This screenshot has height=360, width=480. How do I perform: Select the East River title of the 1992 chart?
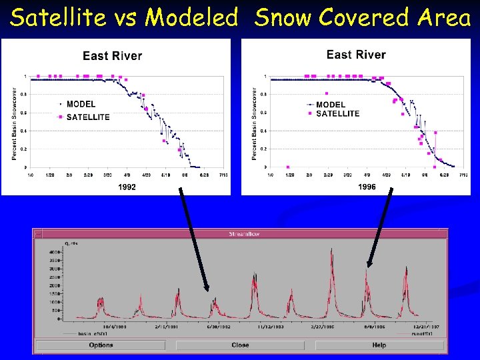point(112,56)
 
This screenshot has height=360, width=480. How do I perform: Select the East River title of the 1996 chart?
point(356,55)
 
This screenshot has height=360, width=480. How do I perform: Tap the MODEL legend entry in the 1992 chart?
point(81,104)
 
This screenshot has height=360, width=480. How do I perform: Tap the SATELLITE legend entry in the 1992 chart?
point(88,117)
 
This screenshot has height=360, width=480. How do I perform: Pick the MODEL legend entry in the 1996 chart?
point(331,105)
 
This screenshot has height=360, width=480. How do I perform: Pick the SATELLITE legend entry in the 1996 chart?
point(337,113)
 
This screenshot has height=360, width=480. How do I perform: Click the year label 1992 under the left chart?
point(127,187)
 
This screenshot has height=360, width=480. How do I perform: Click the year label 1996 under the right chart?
point(367,187)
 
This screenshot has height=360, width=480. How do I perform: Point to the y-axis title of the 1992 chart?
point(15,123)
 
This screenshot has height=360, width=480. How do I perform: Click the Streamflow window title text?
point(240,234)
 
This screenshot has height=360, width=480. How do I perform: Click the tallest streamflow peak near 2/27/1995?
point(331,251)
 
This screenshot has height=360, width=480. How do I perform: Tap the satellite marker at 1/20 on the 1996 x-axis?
point(287,167)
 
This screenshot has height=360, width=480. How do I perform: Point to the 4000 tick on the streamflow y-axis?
point(54,251)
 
